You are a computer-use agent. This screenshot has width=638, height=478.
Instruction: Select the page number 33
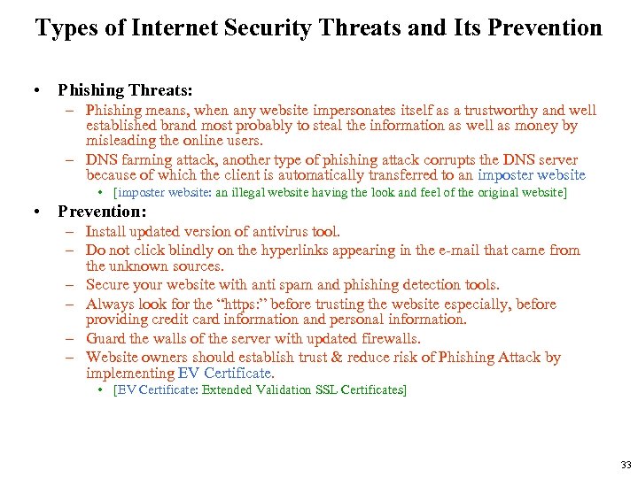[x=626, y=465]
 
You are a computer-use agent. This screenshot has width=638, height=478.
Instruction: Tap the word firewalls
[x=387, y=339]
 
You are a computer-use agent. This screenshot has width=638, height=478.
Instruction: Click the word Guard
[x=105, y=339]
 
